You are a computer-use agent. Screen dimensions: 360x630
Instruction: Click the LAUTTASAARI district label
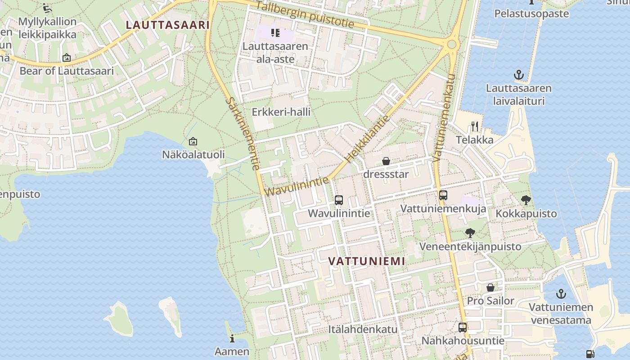pos(167,25)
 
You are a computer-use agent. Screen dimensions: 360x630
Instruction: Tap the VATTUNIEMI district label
pos(366,261)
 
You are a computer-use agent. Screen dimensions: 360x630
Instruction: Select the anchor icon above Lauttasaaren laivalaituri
pos(518,75)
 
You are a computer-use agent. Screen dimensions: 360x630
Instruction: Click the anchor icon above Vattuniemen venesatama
pos(561,294)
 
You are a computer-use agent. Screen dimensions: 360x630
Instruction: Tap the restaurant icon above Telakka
pos(474,126)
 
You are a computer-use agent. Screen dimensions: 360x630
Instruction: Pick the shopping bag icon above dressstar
pos(386,161)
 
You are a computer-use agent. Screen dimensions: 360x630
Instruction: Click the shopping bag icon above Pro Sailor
pos(490,288)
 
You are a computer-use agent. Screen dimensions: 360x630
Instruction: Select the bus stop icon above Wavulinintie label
pos(339,200)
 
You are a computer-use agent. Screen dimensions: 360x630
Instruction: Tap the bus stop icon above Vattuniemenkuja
pos(443,195)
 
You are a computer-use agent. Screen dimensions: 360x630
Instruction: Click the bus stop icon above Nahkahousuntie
pos(462,328)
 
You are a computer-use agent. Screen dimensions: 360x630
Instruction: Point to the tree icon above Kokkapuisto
pos(526,200)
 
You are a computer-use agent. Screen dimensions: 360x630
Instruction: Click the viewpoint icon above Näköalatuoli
pos(193,141)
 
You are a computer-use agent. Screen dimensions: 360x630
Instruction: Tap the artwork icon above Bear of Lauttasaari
pos(67,58)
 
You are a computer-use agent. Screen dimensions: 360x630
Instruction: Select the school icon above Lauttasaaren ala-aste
pos(275,33)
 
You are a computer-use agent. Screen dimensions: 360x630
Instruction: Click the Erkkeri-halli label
pos(281,112)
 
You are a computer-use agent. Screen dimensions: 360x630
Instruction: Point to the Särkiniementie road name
pos(243,134)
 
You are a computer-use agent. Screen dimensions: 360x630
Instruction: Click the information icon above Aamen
pos(232,338)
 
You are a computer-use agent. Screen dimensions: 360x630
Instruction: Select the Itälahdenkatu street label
pos(363,329)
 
